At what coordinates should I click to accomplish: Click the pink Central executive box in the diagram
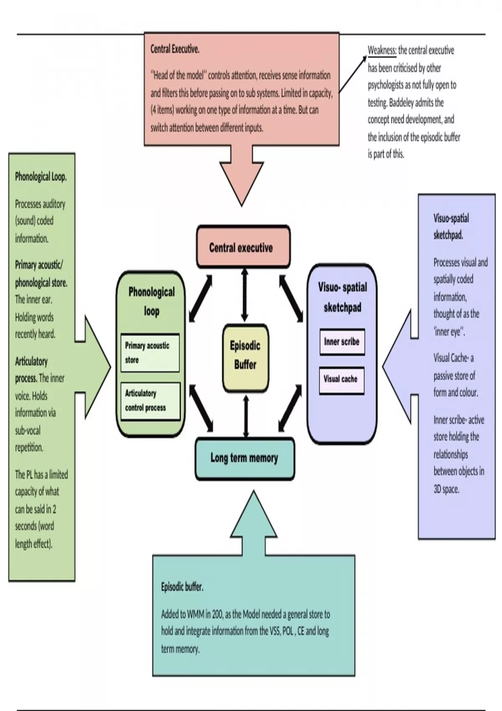(243, 247)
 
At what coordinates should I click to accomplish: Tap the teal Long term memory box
(244, 458)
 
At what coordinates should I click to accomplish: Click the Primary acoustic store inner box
(150, 353)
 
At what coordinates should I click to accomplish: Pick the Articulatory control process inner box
(150, 400)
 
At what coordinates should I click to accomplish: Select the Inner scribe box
(342, 342)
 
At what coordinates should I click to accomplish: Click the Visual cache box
(341, 379)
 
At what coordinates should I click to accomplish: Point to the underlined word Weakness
(382, 51)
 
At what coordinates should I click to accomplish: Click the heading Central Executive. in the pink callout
(175, 49)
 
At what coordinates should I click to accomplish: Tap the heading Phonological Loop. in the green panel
(41, 176)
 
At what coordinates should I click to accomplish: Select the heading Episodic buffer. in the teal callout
(182, 587)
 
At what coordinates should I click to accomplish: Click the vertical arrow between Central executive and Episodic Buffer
(245, 295)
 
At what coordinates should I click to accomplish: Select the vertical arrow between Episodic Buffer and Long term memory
(246, 417)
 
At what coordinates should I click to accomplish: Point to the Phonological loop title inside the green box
(151, 301)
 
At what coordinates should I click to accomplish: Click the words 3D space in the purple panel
(446, 489)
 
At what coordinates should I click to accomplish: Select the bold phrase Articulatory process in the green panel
(31, 369)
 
